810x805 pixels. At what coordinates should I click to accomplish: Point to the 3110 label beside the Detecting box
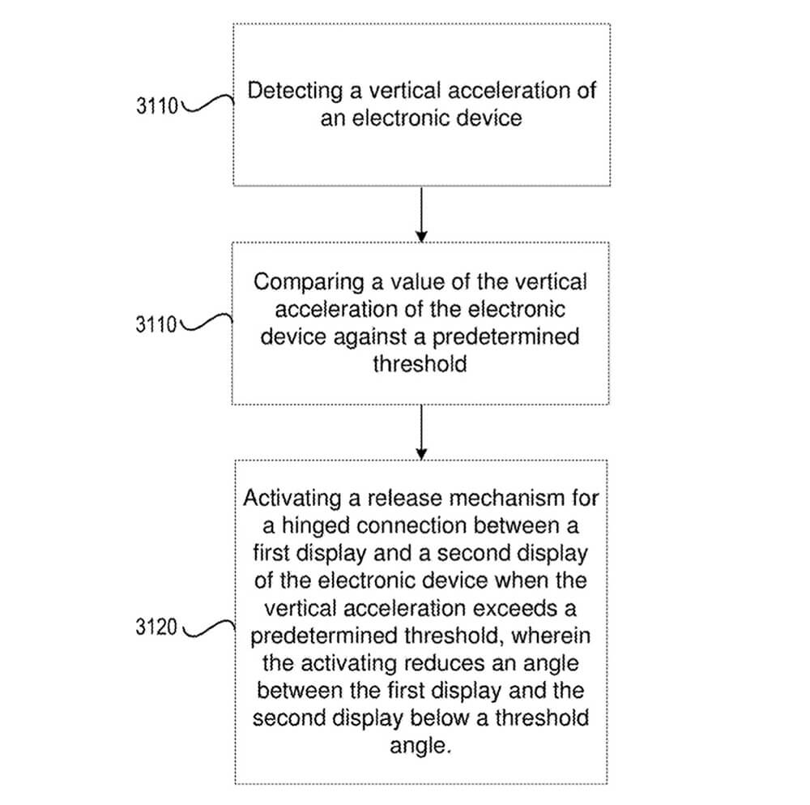[x=157, y=106]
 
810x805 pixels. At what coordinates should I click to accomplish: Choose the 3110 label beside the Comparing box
[x=157, y=324]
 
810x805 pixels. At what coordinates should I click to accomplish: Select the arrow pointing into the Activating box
[x=420, y=431]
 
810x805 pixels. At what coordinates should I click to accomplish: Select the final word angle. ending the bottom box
[x=419, y=746]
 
